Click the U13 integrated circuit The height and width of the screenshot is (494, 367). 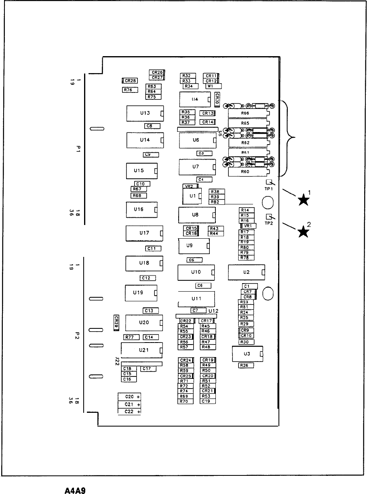point(144,114)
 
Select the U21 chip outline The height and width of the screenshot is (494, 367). point(141,350)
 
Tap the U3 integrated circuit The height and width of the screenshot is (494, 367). point(247,354)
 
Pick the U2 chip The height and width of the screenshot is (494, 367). point(246,272)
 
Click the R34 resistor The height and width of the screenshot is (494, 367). point(190,86)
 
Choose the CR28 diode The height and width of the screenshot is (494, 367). point(130,80)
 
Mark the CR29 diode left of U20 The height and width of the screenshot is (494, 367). point(116,322)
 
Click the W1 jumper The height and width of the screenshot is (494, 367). point(214,86)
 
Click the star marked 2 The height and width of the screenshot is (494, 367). point(303,231)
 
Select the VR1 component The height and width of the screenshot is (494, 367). point(248,226)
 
